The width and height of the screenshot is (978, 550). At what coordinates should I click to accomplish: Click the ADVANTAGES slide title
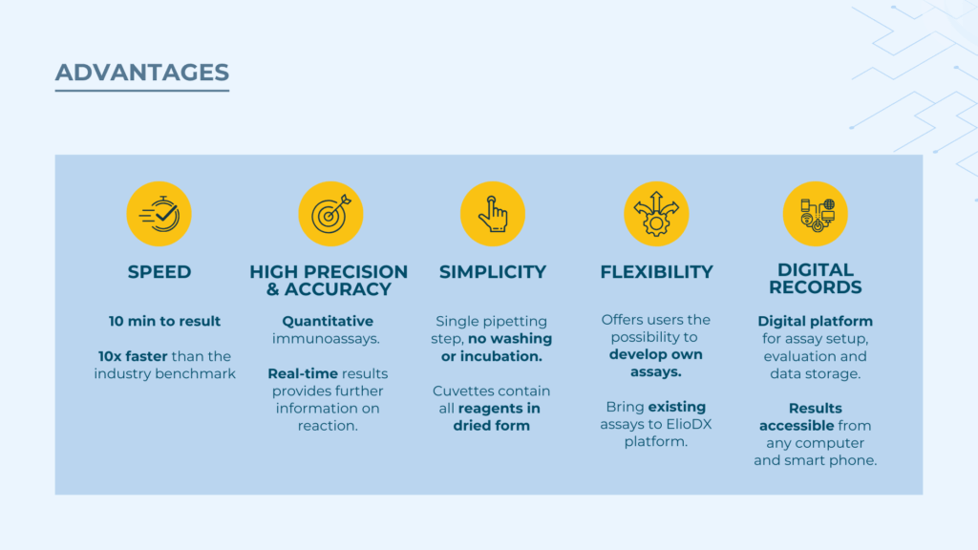[142, 73]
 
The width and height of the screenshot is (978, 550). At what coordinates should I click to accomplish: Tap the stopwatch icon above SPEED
[159, 214]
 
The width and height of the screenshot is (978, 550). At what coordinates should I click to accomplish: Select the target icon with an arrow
[330, 214]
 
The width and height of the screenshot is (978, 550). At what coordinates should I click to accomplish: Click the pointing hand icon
[493, 214]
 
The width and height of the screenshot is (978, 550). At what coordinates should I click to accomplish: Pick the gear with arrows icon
[656, 214]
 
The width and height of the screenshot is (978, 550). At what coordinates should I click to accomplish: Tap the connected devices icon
[816, 214]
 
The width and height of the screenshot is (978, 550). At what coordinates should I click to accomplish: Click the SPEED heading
[159, 272]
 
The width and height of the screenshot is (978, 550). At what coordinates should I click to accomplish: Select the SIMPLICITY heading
[493, 272]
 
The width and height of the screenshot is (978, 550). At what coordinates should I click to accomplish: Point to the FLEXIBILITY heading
[657, 272]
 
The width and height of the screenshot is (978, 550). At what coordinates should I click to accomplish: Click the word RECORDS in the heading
[816, 287]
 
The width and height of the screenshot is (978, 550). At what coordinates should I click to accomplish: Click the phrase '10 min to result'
[164, 321]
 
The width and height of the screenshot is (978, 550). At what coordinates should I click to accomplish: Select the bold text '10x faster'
[133, 356]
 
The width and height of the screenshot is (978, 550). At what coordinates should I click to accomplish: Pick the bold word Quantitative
[328, 321]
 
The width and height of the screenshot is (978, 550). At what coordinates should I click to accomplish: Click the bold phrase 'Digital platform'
[816, 321]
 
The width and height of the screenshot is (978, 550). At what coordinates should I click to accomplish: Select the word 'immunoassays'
[325, 339]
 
